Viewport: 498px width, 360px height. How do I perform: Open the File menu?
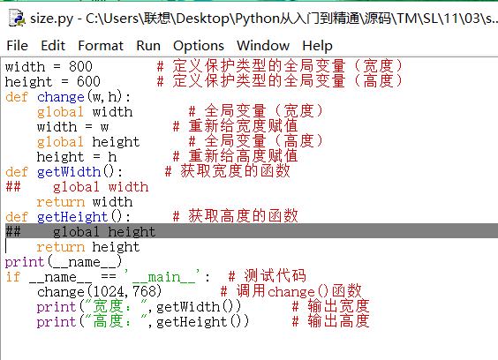17,46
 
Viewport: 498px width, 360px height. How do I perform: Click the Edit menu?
53,46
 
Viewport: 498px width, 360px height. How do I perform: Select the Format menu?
101,46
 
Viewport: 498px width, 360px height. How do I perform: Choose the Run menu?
148,46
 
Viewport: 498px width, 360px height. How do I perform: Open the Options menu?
199,47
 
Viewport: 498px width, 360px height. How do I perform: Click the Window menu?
263,46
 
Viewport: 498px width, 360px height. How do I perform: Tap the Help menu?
317,47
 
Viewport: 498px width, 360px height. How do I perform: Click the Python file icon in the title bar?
17,18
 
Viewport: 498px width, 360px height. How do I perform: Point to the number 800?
80,67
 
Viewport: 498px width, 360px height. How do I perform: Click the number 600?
88,81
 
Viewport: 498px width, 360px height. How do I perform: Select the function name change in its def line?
61,97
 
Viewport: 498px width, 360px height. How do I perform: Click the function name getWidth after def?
69,172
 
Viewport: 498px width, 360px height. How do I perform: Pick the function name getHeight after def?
72,217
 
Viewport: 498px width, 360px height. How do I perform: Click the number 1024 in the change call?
109,292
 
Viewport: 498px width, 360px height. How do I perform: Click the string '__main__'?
162,276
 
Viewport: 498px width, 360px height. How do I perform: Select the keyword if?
13,277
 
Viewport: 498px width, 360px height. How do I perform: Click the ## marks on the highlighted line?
13,232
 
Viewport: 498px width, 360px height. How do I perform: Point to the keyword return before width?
61,202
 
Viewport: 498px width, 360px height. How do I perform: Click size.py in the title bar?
51,19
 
